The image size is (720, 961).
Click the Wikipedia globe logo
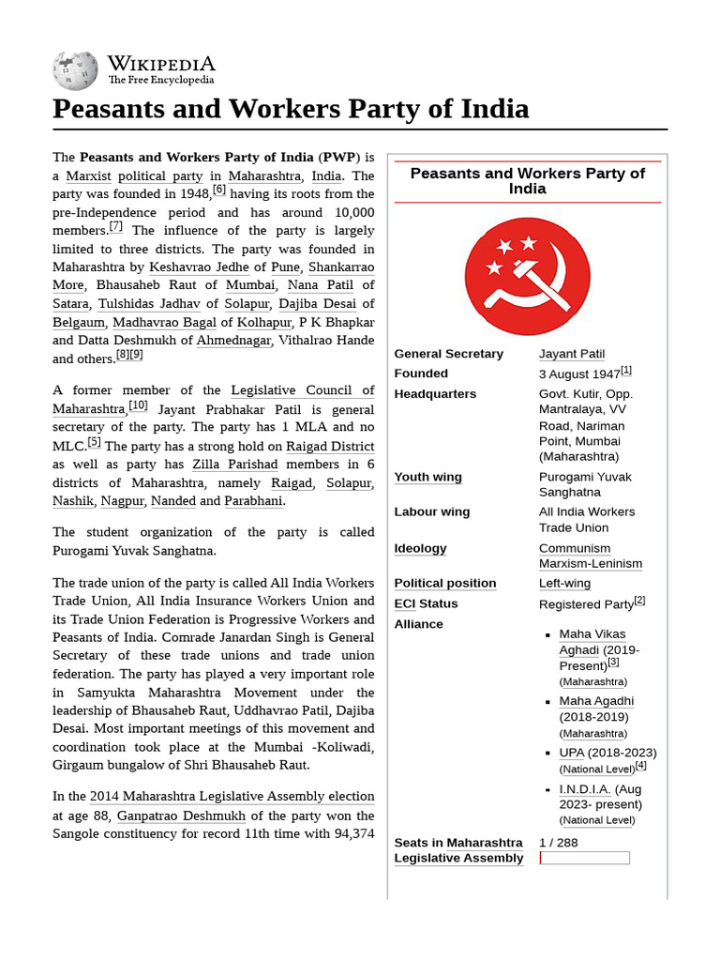[x=75, y=70]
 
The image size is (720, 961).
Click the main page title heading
[x=291, y=109]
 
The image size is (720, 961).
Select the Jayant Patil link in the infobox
[x=571, y=354]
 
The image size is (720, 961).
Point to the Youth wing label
[x=427, y=477]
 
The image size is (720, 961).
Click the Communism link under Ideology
[x=574, y=548]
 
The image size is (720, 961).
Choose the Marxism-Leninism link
[x=591, y=564]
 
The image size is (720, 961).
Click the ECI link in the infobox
[x=404, y=603]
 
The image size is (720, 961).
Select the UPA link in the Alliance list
[x=571, y=753]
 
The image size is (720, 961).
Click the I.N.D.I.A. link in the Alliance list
[x=585, y=789]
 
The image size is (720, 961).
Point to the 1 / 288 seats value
[x=559, y=843]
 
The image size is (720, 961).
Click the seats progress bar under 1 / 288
[x=585, y=858]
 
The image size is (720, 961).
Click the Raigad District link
[x=330, y=446]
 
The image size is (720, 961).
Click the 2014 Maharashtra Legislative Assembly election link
[x=232, y=796]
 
